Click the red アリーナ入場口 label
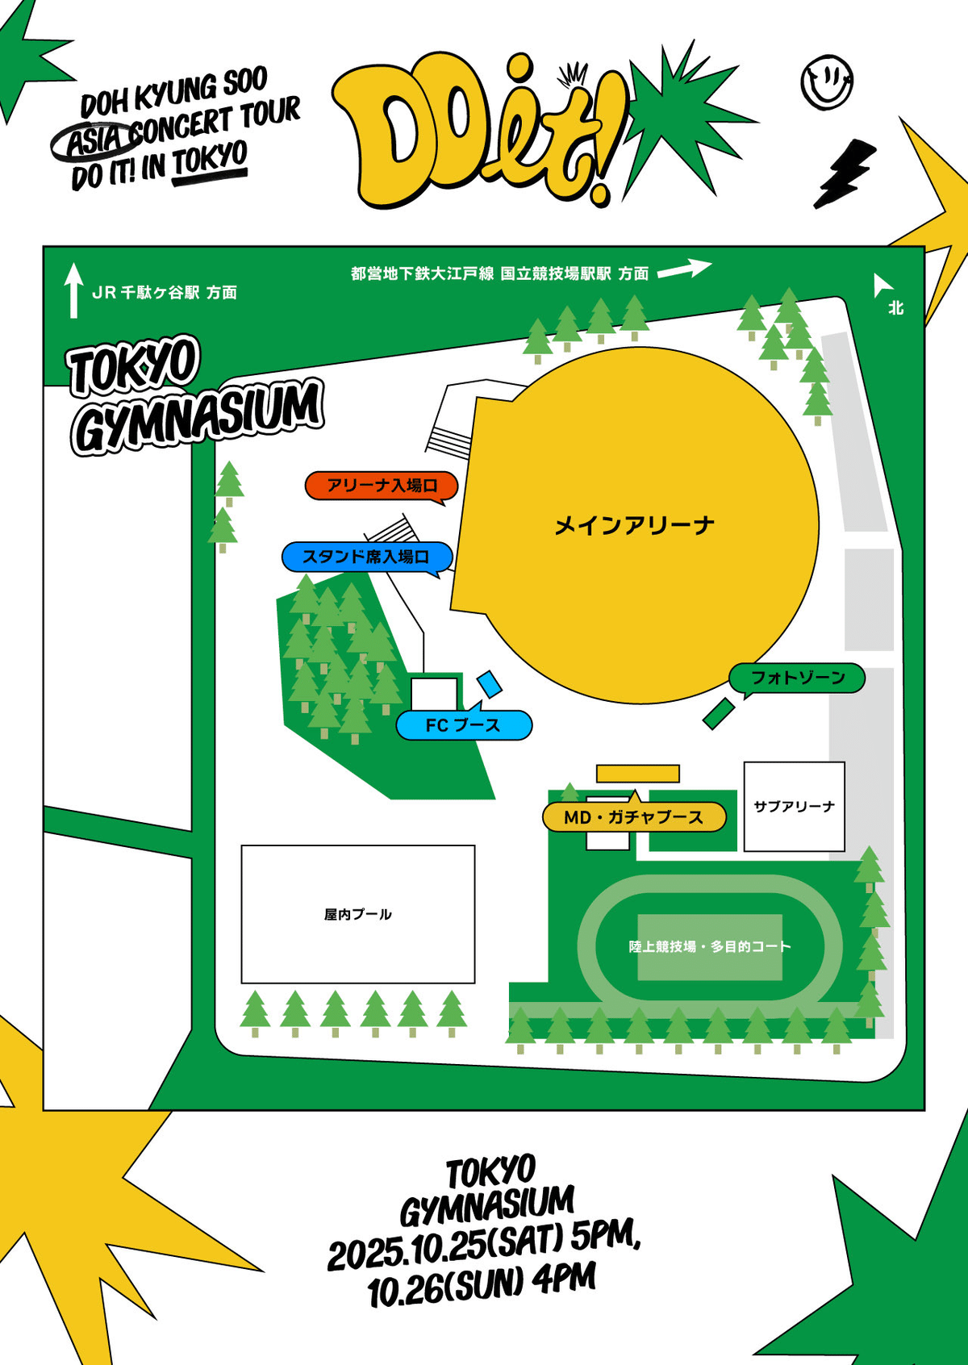pos(382,486)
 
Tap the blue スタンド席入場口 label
pos(366,557)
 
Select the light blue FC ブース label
pos(464,725)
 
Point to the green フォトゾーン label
pos(797,678)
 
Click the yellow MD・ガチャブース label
pos(633,817)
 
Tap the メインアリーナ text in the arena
pos(634,526)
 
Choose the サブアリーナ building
pos(794,806)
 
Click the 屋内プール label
pos(357,914)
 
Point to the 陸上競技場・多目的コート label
pos(710,946)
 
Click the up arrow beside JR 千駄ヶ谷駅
pos(73,290)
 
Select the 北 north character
pos(895,307)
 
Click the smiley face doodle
pos(827,81)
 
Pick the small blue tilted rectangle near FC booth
pos(490,684)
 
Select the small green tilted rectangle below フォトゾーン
pos(718,714)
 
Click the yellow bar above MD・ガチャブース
pos(637,774)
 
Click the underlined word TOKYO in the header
pos(209,159)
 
